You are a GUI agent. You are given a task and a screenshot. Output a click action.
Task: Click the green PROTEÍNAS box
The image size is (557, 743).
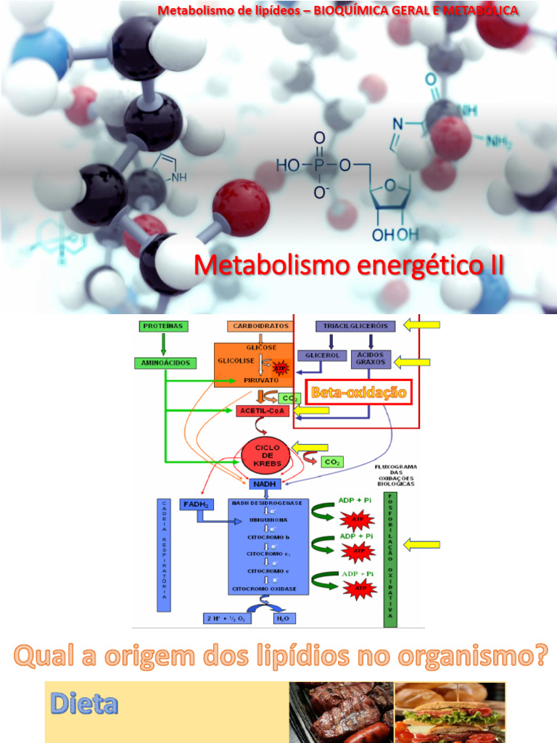(162, 327)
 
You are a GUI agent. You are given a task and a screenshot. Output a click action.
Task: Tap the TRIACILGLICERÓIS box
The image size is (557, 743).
(355, 327)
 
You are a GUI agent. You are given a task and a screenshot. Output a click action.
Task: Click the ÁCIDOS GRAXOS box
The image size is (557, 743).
(371, 358)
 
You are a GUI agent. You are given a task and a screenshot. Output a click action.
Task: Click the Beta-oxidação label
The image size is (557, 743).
(358, 393)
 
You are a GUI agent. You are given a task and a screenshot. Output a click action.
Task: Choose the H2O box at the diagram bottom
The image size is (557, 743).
(282, 618)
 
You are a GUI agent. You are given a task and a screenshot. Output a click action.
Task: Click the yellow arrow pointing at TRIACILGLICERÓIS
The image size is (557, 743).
(421, 325)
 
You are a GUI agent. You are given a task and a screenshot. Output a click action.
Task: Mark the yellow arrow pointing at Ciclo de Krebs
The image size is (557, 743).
(310, 447)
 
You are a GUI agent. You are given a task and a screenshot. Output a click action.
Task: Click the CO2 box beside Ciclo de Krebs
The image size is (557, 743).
(333, 461)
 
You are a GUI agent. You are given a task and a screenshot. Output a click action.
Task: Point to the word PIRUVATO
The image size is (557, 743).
(251, 379)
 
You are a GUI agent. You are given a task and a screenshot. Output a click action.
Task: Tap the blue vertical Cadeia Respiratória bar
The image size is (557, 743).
(164, 555)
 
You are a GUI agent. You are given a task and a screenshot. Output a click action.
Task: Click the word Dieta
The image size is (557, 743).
(83, 704)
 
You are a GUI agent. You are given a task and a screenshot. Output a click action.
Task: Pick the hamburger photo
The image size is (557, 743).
(450, 712)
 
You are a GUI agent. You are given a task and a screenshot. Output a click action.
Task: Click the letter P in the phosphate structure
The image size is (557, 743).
(320, 166)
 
